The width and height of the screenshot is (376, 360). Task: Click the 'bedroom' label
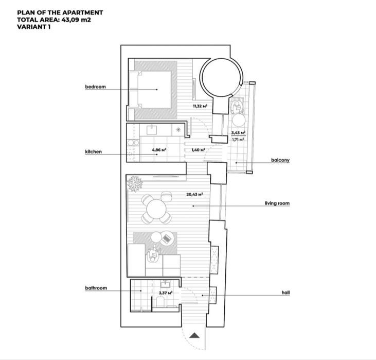point(96,87)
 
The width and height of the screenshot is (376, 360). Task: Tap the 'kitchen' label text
point(94,151)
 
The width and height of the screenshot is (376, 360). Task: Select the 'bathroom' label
point(96,288)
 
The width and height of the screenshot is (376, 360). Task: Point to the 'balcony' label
point(280,160)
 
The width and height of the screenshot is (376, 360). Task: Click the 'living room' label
point(277,203)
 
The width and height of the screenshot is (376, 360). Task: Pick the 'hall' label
point(285,293)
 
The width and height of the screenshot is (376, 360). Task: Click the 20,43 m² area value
point(195,194)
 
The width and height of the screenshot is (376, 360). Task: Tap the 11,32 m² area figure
point(200,106)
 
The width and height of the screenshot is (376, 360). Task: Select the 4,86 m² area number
point(159,150)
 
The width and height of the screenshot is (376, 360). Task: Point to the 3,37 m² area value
point(166,293)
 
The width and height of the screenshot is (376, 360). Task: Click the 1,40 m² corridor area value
point(199,150)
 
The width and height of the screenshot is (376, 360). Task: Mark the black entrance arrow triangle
point(194,335)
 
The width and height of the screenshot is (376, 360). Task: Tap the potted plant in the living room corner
point(135,184)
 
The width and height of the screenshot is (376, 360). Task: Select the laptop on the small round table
point(167,238)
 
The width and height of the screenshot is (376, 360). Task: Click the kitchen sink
point(152,130)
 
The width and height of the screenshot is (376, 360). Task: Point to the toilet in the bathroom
point(159,301)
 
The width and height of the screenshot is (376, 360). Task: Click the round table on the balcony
point(238,120)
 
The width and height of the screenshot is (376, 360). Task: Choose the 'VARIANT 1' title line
point(34,27)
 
